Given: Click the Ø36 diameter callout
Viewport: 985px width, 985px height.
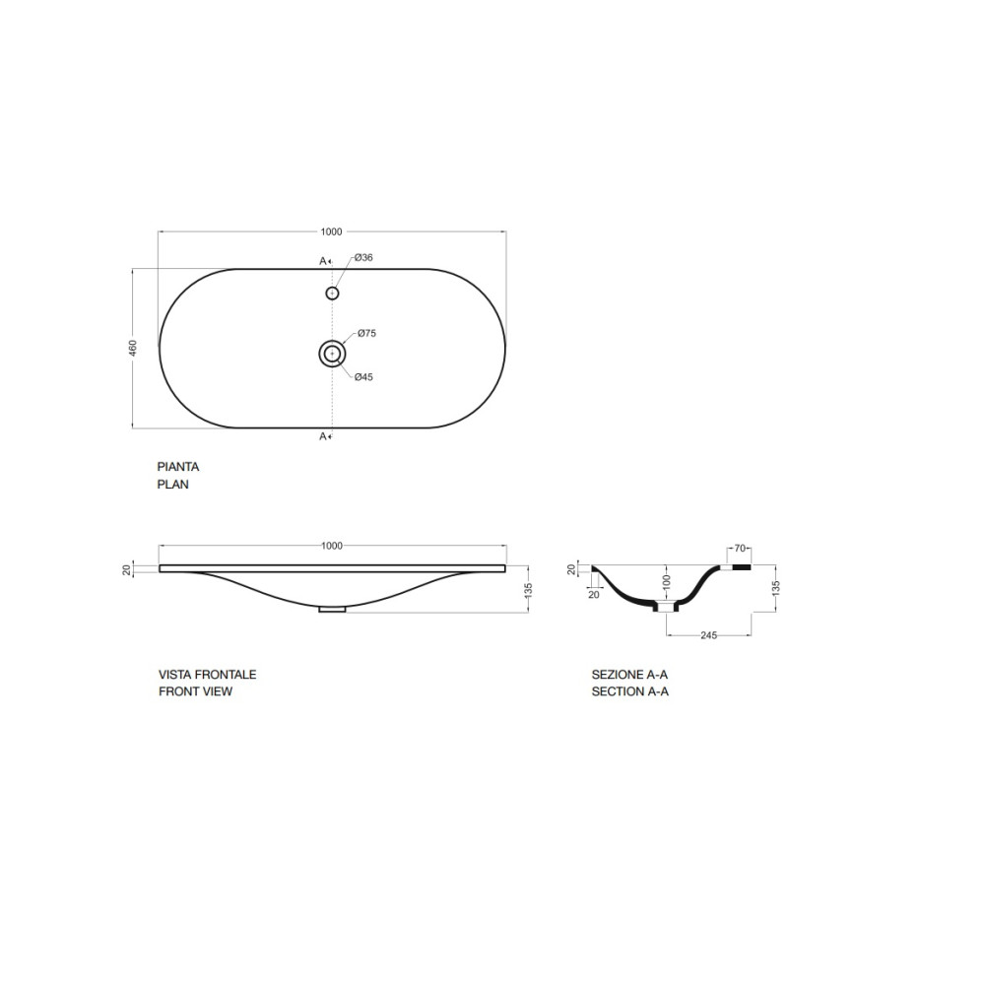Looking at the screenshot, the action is click(x=363, y=257).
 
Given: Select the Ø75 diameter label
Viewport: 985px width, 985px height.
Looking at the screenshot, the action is click(x=366, y=334).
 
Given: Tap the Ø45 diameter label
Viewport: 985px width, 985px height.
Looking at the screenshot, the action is click(x=363, y=377).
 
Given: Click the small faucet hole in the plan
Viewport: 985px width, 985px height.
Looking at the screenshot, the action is click(x=332, y=293).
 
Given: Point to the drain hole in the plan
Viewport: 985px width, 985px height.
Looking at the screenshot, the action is click(x=332, y=355).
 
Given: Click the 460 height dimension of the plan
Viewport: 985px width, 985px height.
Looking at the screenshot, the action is click(x=133, y=349).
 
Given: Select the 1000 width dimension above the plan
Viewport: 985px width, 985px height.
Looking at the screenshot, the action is click(x=332, y=231).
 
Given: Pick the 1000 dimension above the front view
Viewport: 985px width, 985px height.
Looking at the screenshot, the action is click(x=332, y=546).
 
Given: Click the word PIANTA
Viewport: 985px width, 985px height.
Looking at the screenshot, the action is click(x=177, y=467).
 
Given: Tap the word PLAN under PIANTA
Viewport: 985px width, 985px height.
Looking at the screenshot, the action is click(x=172, y=485).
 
